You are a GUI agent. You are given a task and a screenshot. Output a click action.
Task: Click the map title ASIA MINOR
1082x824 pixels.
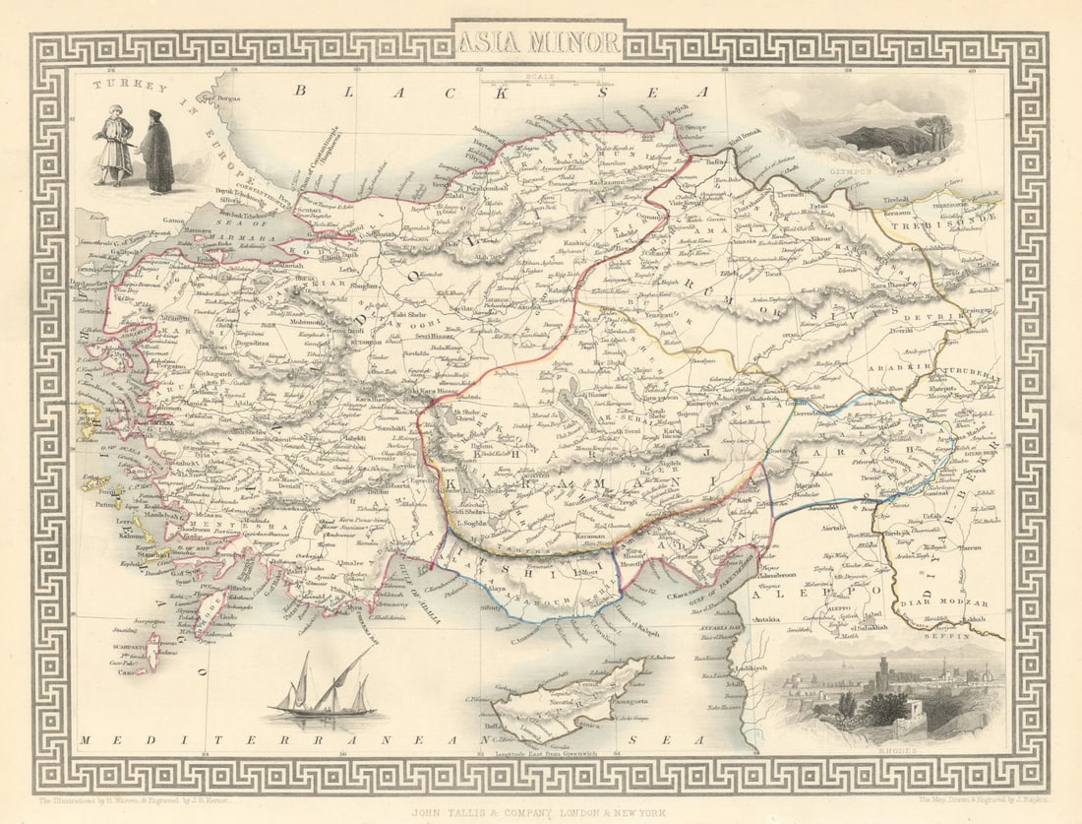coord(539,42)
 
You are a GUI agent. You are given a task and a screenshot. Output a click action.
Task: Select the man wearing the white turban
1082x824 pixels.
coord(113,146)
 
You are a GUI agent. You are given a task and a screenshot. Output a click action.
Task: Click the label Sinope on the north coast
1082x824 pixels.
coord(694,127)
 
